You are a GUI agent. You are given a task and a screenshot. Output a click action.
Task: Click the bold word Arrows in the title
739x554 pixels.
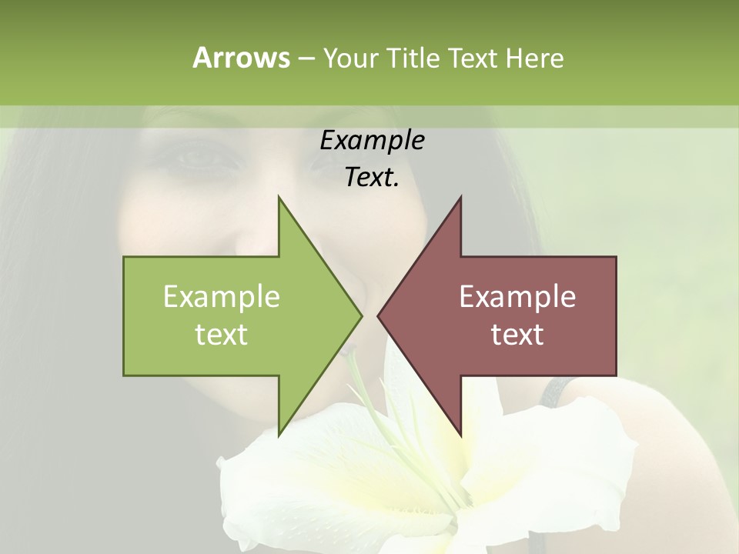[x=241, y=58]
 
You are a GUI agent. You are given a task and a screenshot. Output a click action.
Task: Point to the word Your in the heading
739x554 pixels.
[x=349, y=58]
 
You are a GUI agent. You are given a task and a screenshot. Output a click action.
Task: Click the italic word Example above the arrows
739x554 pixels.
[x=372, y=141]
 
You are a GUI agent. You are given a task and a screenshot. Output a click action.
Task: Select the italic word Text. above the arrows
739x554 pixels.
[x=372, y=178]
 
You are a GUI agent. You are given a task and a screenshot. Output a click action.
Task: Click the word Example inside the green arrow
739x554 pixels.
[x=222, y=296]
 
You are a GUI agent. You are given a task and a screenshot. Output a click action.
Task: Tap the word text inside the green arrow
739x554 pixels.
[x=222, y=334]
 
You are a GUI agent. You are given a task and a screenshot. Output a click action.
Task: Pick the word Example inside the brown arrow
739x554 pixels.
[x=517, y=296]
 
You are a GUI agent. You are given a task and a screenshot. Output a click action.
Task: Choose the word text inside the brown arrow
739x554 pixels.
[x=517, y=334]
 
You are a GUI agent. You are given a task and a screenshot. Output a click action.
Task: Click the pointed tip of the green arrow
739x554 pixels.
[x=361, y=315]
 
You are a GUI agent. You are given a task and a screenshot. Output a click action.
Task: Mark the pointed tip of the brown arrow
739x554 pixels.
[x=378, y=315]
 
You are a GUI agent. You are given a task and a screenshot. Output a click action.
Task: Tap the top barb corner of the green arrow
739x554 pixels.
[x=279, y=197]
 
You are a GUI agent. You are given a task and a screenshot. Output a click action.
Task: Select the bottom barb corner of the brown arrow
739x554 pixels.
[x=461, y=435]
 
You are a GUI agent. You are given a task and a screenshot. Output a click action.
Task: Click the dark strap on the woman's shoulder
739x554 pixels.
[x=553, y=396]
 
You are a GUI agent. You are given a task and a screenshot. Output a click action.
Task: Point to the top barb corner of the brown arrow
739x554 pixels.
[x=461, y=197]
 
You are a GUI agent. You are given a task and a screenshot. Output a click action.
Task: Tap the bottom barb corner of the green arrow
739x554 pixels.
[x=279, y=435]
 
